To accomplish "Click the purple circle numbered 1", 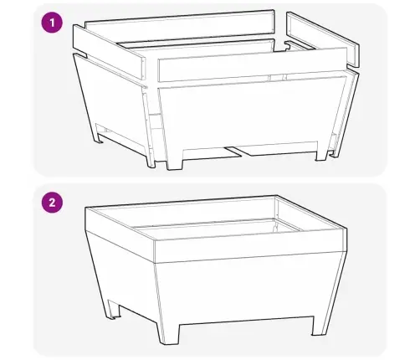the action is click(x=52, y=23).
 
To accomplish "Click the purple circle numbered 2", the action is click(x=52, y=203).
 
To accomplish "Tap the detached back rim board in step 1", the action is click(x=180, y=26).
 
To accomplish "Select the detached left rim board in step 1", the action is click(x=109, y=52).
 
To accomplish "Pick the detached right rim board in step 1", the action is click(x=323, y=39).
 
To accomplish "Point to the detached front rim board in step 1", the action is click(x=253, y=64).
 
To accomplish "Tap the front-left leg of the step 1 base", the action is click(x=174, y=161).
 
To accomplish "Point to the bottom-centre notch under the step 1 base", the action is click(x=233, y=149).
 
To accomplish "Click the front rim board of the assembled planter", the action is click(x=250, y=245).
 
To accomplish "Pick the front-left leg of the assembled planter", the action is click(x=170, y=333).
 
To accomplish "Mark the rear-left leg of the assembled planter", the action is click(x=112, y=310).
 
